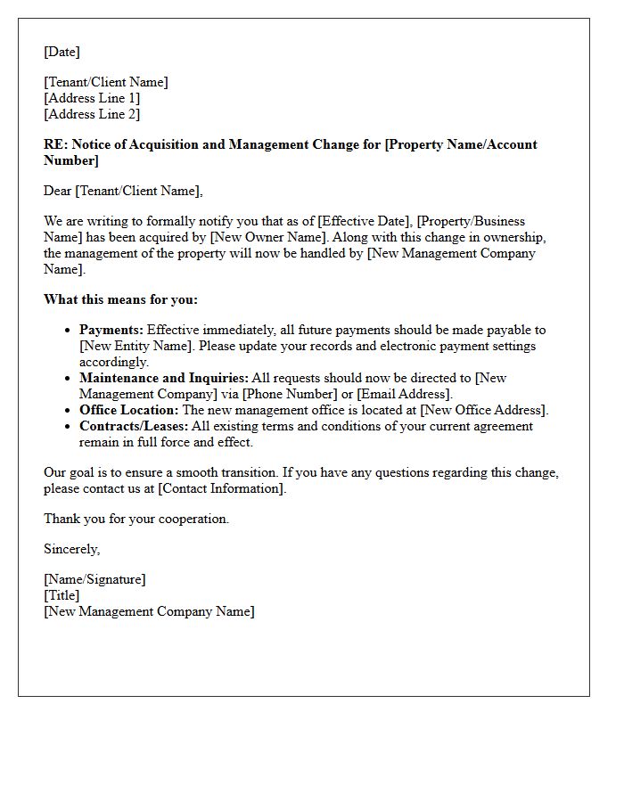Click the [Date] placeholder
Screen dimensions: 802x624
62,52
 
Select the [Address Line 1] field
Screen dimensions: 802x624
92,98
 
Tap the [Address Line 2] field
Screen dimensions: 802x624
92,114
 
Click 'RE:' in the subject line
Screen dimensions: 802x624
55,144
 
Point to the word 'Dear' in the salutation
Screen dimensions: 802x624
58,191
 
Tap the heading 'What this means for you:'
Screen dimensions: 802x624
120,299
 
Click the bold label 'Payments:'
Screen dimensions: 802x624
111,330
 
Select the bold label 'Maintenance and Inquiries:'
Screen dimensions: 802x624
163,378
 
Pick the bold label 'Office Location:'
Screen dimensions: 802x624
129,410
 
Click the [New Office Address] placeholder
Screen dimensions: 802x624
482,410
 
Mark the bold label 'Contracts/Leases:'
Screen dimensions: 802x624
134,426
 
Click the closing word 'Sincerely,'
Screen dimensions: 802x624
72,549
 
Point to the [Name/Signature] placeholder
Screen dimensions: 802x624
94,579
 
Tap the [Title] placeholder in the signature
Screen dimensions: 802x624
62,595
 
